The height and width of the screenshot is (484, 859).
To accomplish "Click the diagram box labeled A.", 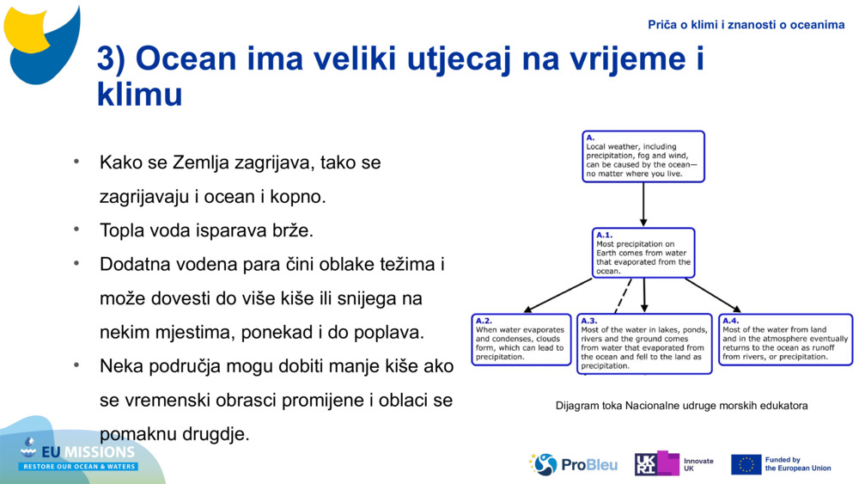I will point(643,156).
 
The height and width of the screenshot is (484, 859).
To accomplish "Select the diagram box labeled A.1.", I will point(643,253).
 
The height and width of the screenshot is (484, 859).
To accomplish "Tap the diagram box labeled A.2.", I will point(521,339).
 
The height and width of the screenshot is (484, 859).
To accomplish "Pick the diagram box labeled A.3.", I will point(644,343).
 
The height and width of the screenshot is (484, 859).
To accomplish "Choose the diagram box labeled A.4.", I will point(785,339).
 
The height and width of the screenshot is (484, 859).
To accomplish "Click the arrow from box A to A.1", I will point(643,205).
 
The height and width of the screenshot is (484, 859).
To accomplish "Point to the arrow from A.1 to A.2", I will point(558,295).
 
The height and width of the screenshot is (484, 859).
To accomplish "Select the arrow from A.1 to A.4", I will point(713,295).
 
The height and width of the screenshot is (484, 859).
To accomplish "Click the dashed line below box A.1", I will point(624,296).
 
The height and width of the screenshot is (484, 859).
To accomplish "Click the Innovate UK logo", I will point(673,464).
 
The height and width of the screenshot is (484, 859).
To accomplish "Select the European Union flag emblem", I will point(746,464).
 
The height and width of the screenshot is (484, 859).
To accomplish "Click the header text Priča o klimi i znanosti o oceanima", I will point(746,25).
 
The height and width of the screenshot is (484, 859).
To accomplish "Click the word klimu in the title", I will point(139,94).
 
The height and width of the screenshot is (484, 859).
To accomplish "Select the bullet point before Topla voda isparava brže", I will point(76,230).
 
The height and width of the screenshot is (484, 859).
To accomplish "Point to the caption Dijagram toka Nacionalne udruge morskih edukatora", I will point(681,406).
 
